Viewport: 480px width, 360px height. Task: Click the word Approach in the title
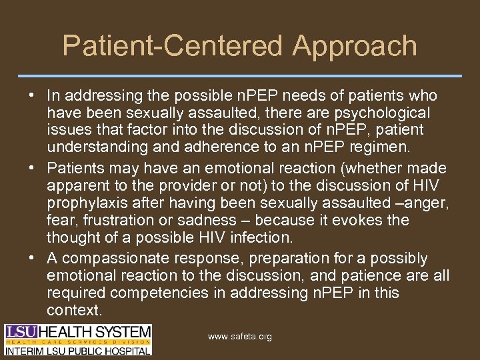pyautogui.click(x=355, y=47)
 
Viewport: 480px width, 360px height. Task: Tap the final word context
pyautogui.click(x=74, y=311)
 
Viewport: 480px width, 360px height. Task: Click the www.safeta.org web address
pyautogui.click(x=239, y=337)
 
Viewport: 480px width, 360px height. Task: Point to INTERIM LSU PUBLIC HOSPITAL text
pyautogui.click(x=78, y=349)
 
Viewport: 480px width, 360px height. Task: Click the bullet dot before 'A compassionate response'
pyautogui.click(x=23, y=259)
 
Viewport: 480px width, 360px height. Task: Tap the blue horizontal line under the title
pyautogui.click(x=240, y=75)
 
